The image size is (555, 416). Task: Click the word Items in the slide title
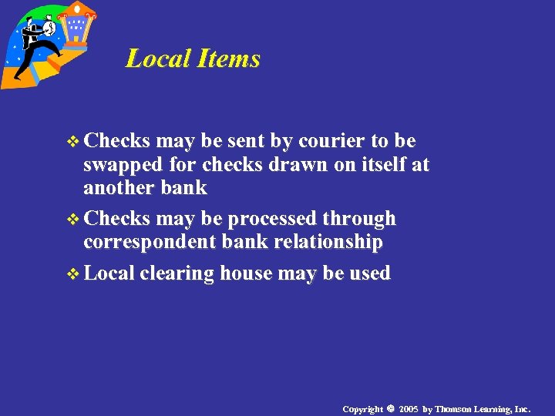click(229, 59)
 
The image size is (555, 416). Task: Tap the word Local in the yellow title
click(157, 59)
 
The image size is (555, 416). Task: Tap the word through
click(360, 219)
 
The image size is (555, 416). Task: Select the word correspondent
click(150, 242)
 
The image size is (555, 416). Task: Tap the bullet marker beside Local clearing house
click(74, 273)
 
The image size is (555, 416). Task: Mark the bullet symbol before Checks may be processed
click(74, 220)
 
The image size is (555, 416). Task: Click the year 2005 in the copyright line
click(409, 408)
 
